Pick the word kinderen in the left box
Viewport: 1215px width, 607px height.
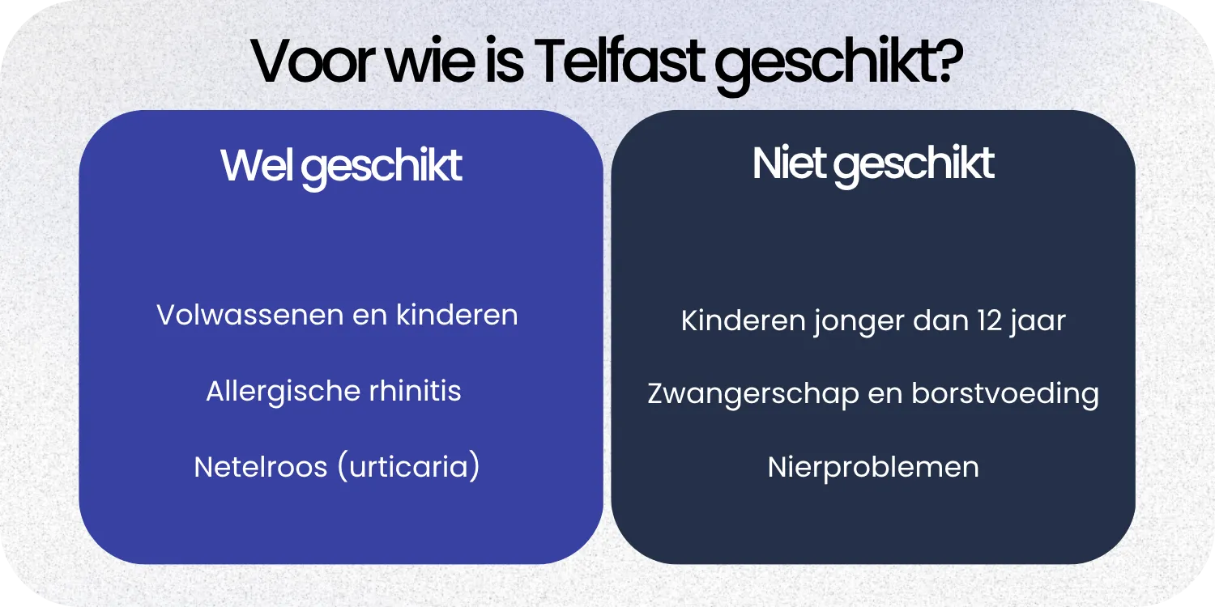[457, 315]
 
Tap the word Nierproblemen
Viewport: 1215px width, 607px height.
[873, 468]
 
